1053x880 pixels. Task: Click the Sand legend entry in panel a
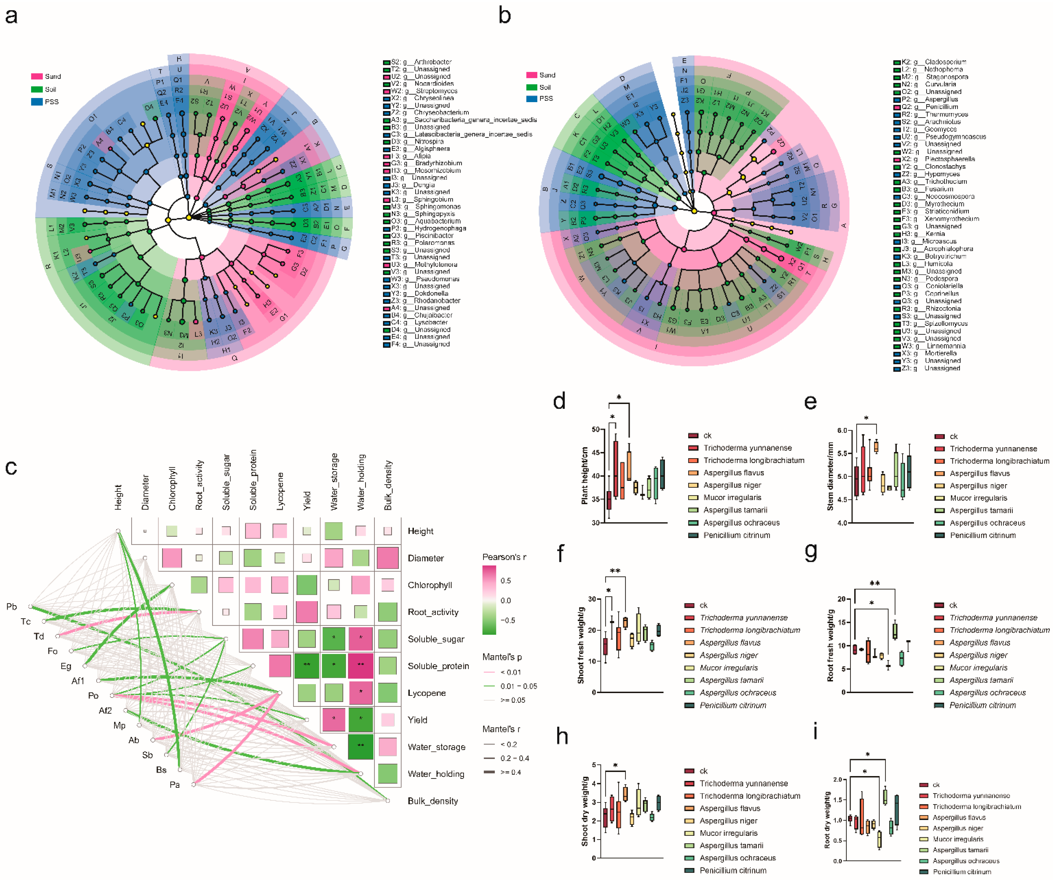(52, 76)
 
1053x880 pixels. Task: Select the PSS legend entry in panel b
(545, 98)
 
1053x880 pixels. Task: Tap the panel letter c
(11, 467)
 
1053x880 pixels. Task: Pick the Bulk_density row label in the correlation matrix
(433, 801)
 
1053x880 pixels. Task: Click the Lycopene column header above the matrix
(280, 491)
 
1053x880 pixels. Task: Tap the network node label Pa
(174, 784)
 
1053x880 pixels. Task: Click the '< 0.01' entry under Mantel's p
(510, 672)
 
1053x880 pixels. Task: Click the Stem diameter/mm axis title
(830, 476)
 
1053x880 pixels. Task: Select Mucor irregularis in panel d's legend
(732, 497)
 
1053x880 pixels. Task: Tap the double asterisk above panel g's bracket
(874, 583)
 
